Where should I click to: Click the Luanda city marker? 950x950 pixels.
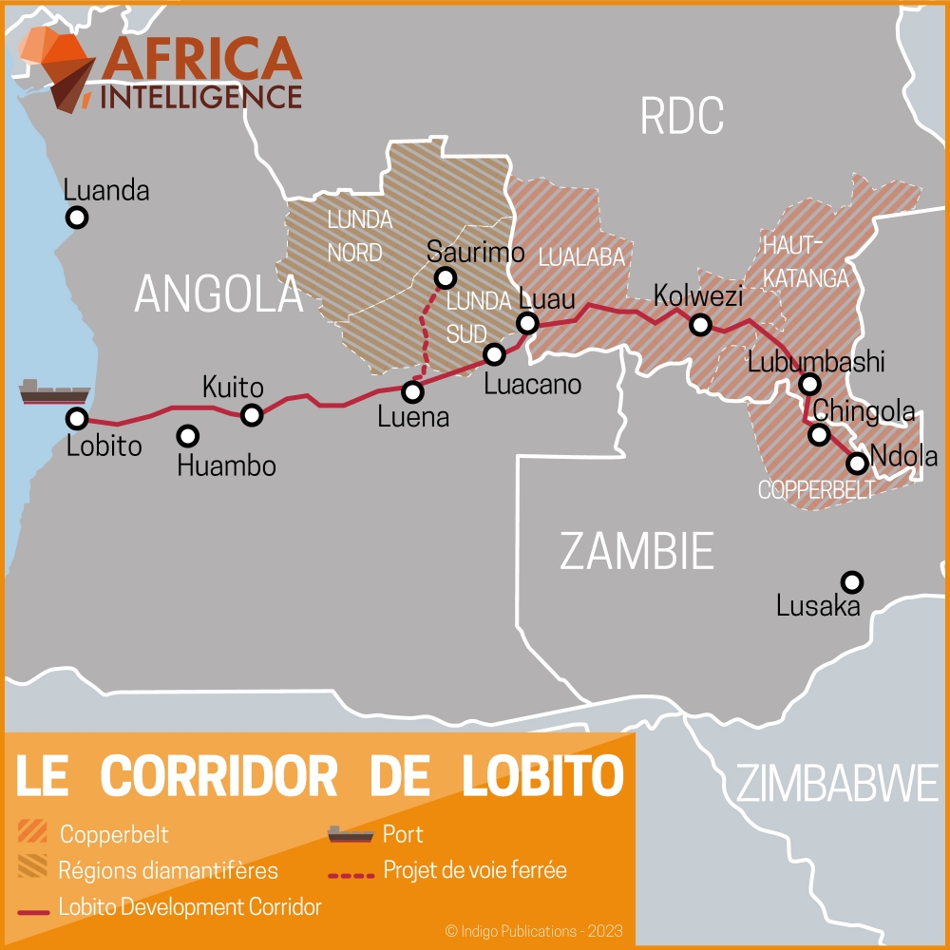[x=77, y=218]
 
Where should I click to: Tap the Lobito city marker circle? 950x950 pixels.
[x=77, y=418]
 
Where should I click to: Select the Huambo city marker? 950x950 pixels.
[x=188, y=436]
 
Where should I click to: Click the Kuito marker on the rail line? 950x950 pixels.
[x=252, y=414]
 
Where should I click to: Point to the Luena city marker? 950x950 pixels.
[x=412, y=391]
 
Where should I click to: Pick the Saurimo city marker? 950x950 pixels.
[x=444, y=277]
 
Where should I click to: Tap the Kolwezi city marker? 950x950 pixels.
[x=700, y=325]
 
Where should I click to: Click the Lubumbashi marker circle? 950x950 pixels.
[x=809, y=384]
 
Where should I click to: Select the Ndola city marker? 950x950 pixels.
[x=857, y=463]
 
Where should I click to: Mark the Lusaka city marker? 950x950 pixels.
[x=852, y=581]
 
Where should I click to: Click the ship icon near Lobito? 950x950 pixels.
[x=54, y=391]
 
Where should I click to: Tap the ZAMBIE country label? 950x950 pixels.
[x=636, y=551]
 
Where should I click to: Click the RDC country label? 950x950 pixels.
[x=682, y=116]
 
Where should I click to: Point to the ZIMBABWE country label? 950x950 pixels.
[x=837, y=784]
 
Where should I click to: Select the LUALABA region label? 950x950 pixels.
[x=581, y=257]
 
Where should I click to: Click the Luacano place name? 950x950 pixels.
[x=532, y=385]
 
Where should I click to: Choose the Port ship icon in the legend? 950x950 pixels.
[x=350, y=834]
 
